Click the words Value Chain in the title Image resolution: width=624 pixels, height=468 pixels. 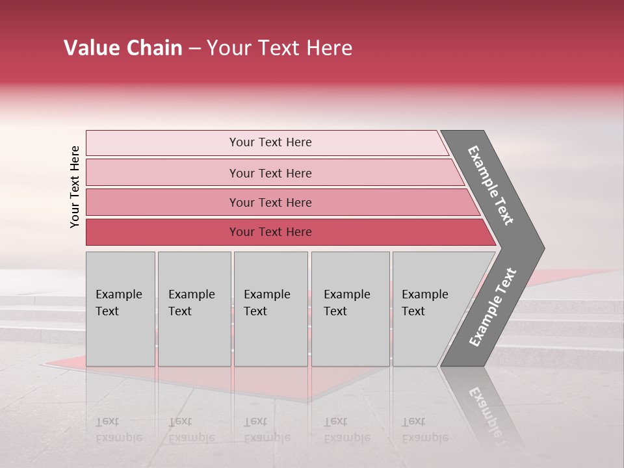123,48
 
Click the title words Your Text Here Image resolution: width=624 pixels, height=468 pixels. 279,48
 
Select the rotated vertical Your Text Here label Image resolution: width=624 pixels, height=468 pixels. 75,187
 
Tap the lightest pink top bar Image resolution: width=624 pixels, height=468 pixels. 162,143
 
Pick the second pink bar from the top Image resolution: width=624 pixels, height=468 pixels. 162,173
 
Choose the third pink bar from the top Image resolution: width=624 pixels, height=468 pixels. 162,202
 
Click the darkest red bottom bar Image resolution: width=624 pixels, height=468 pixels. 162,232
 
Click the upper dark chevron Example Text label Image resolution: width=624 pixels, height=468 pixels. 491,185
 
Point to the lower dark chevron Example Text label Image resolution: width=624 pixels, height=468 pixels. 493,307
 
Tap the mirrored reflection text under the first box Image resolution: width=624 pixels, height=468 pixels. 119,430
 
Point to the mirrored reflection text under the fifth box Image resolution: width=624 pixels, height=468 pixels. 425,430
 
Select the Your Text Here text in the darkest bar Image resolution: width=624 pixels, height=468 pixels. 270,232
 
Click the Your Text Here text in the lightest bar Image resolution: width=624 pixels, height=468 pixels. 270,142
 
